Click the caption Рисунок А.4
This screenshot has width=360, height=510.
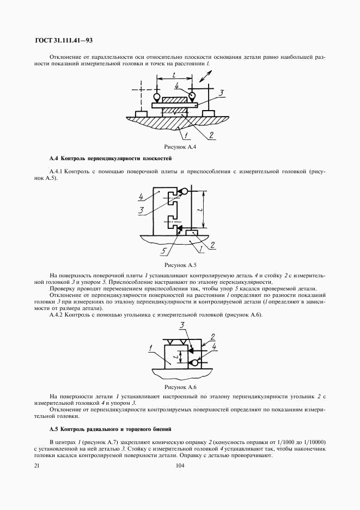click(180, 147)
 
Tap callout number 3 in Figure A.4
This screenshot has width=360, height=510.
click(221, 93)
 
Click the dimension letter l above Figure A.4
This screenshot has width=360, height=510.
click(174, 76)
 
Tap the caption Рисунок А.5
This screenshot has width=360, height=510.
click(180, 265)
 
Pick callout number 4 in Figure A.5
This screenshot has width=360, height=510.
click(141, 197)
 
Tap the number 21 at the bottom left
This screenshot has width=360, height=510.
click(36, 466)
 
